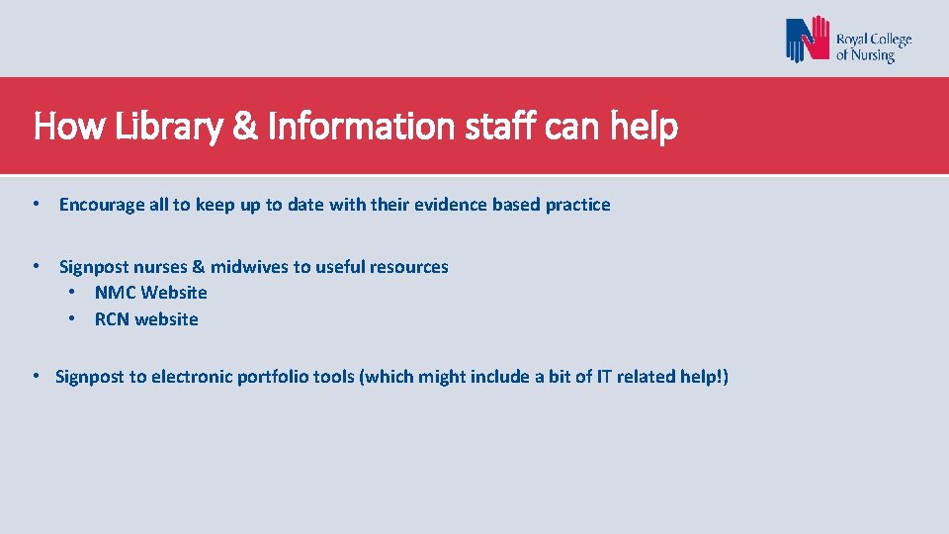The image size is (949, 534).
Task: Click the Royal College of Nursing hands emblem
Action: (x=808, y=41)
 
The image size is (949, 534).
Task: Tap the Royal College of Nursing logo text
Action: (x=874, y=47)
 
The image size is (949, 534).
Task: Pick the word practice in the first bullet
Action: (x=578, y=205)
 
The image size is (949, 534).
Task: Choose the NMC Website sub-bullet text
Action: (x=151, y=293)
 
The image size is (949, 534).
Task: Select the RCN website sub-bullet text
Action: (x=146, y=319)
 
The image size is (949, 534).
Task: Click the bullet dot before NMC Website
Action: (x=72, y=293)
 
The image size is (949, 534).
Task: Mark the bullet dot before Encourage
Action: (x=36, y=204)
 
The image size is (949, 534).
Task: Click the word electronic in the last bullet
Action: (x=192, y=377)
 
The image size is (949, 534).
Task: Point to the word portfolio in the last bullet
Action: (x=269, y=377)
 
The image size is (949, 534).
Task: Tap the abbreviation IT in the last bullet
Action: (x=603, y=377)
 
